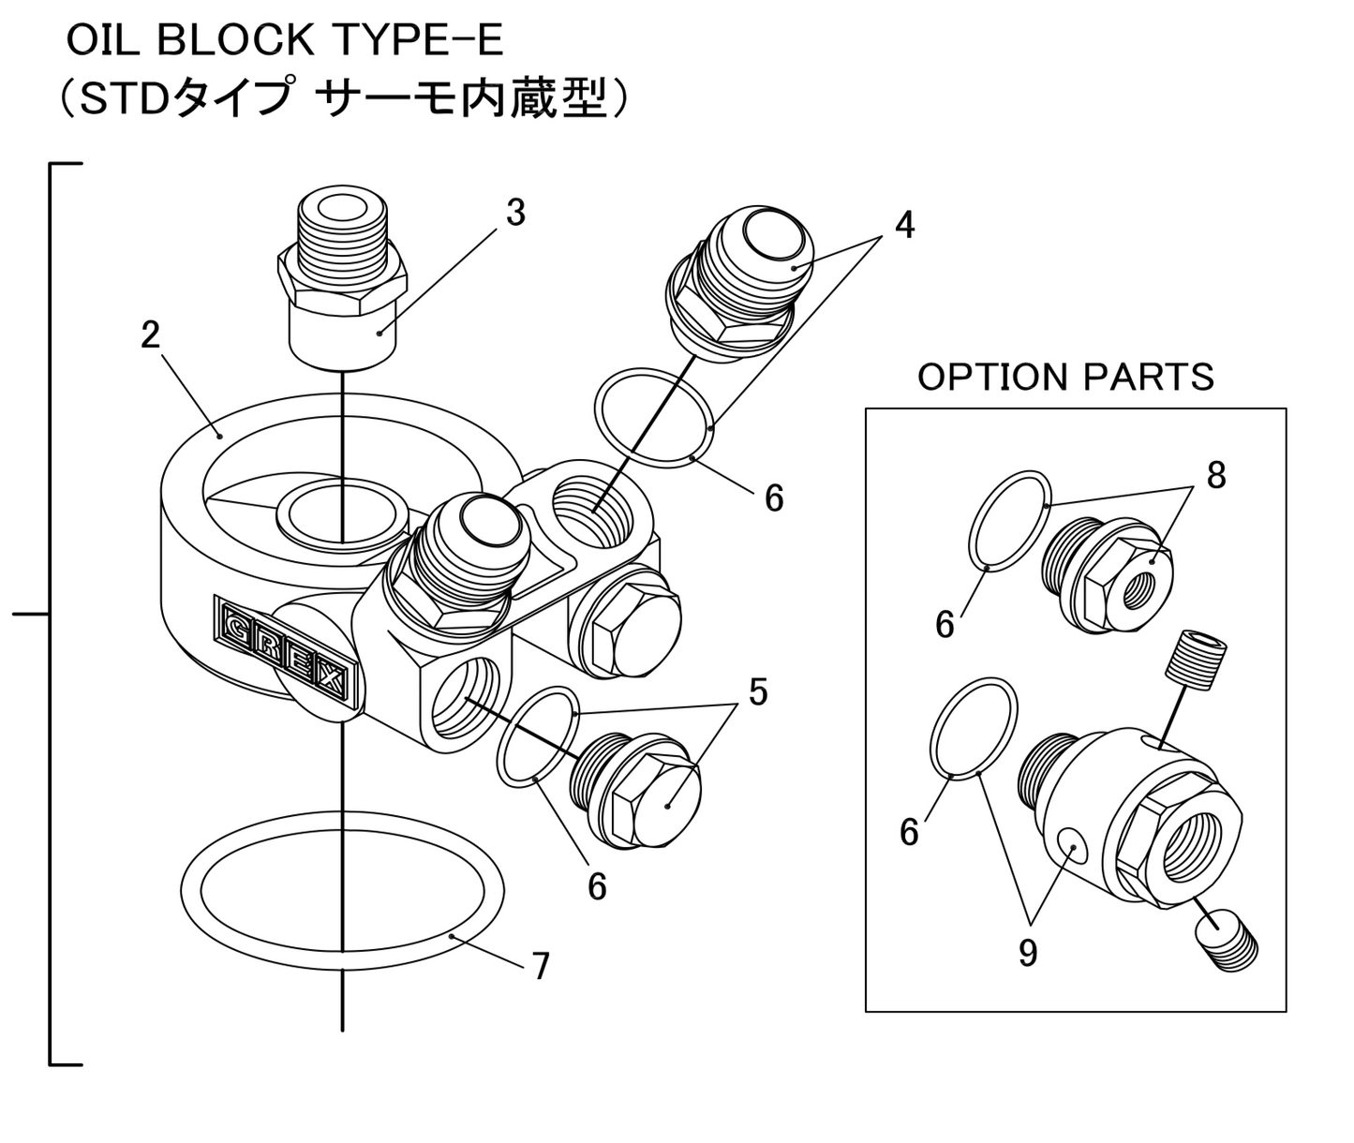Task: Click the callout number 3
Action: tap(515, 214)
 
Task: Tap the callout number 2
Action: tap(151, 334)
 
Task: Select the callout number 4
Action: tap(903, 225)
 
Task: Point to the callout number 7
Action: tap(541, 966)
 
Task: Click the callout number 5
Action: tap(757, 692)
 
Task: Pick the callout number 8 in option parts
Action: tap(1215, 476)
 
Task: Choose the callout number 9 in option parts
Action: tap(1028, 954)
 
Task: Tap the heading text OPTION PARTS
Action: tap(1065, 377)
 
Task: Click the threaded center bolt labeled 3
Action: tap(342, 281)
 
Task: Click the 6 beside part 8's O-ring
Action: tap(945, 624)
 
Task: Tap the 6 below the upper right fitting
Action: tap(774, 498)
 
